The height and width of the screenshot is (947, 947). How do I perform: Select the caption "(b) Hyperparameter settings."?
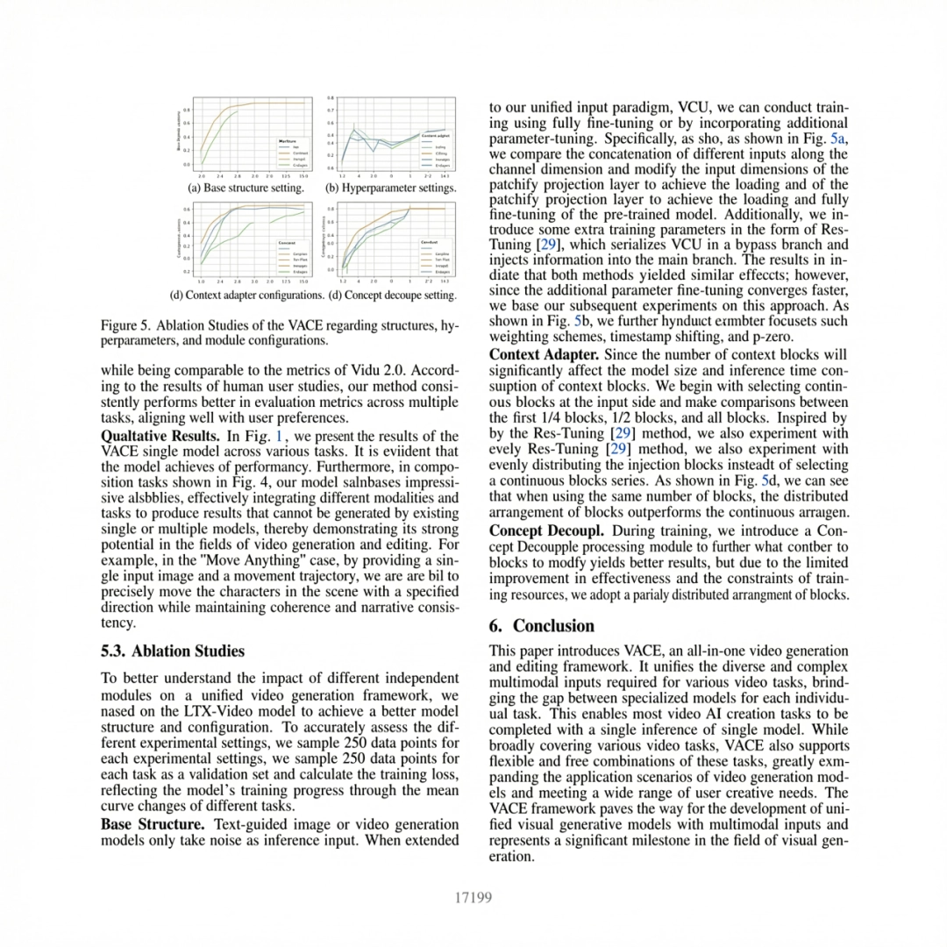point(390,188)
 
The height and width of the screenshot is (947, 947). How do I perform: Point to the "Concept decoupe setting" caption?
point(391,295)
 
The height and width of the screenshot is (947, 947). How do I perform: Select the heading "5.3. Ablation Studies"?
point(173,652)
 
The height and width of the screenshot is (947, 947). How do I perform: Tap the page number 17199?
point(473,897)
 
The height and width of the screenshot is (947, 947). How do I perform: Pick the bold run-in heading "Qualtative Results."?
point(160,436)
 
